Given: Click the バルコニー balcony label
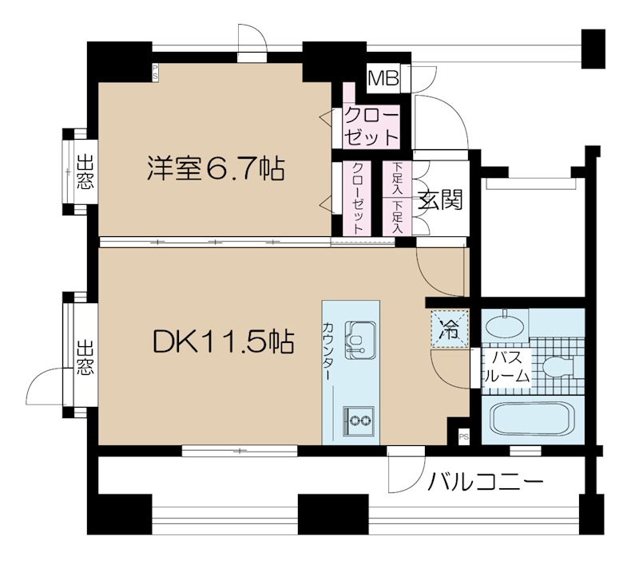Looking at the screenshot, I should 485,482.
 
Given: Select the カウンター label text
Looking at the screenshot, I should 328,351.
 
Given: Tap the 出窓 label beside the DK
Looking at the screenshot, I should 83,358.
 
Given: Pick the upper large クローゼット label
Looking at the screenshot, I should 370,125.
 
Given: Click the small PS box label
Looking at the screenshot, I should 463,436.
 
